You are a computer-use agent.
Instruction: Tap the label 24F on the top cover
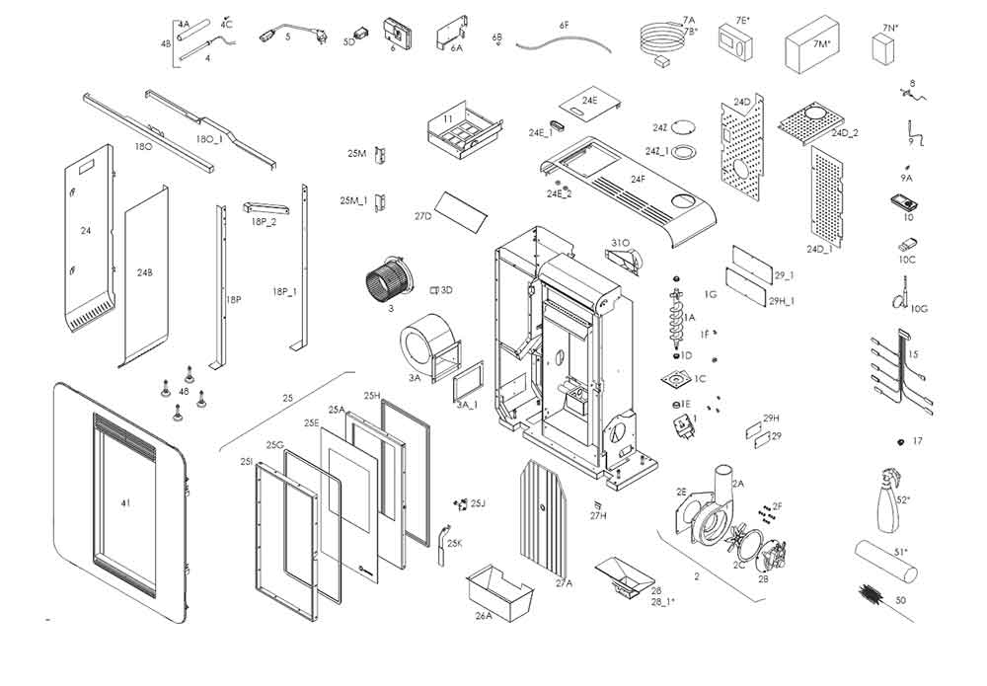[x=639, y=179]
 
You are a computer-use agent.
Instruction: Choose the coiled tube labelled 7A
[x=657, y=39]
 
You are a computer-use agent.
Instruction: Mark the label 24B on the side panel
[x=145, y=272]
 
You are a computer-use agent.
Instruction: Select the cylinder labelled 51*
[x=885, y=563]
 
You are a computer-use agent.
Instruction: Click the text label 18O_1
[x=209, y=140]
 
